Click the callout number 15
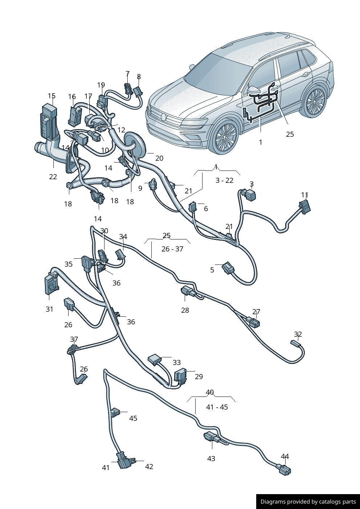tap(52, 96)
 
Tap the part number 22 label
tap(53, 177)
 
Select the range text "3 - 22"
tap(224, 180)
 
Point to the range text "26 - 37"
tap(172, 249)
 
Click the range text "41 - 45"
tap(217, 407)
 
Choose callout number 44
tap(285, 456)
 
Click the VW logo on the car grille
tap(164, 117)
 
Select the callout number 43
tap(211, 459)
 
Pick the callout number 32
tap(298, 334)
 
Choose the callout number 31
tap(49, 309)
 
